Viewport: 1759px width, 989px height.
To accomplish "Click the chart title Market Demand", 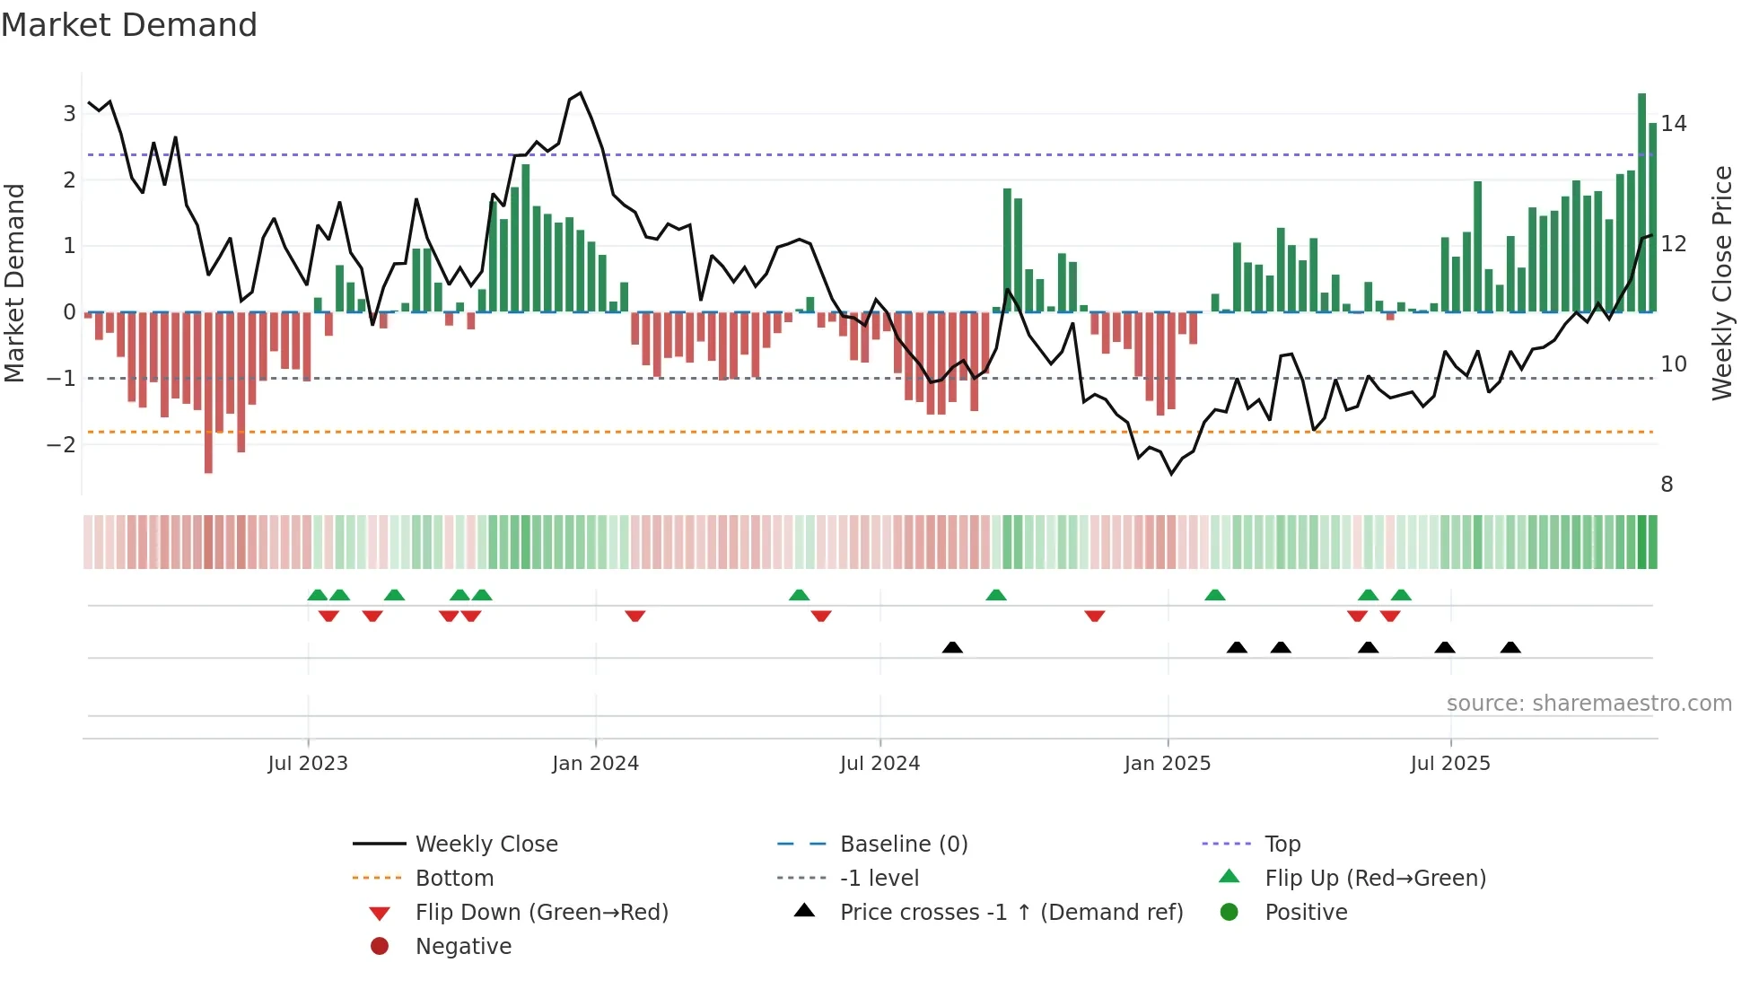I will pyautogui.click(x=129, y=25).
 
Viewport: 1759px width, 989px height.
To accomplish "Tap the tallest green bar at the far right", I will pyautogui.click(x=1641, y=202).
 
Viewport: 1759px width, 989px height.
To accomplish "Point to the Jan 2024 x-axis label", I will pyautogui.click(x=595, y=764).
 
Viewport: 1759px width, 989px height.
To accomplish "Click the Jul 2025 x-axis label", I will pyautogui.click(x=1449, y=764).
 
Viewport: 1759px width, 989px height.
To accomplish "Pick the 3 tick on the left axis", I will pyautogui.click(x=69, y=114).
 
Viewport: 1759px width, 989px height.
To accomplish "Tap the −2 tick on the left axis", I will pyautogui.click(x=62, y=444).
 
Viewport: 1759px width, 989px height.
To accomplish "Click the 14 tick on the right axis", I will pyautogui.click(x=1673, y=124).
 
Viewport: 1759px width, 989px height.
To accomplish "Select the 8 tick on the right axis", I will pyautogui.click(x=1667, y=485).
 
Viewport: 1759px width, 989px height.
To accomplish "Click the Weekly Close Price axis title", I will pyautogui.click(x=1721, y=283).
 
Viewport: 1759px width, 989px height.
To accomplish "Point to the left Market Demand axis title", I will pyautogui.click(x=14, y=283).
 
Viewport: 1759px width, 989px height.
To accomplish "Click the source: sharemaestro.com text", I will pyautogui.click(x=1588, y=704).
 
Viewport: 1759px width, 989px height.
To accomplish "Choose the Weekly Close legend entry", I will pyautogui.click(x=486, y=845).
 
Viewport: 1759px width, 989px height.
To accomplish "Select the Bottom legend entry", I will pyautogui.click(x=454, y=879).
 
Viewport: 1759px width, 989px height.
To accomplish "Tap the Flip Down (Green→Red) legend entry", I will pyautogui.click(x=541, y=913).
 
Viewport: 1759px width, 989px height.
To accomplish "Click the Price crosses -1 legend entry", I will pyautogui.click(x=1011, y=913).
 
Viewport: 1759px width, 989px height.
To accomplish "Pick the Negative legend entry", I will pyautogui.click(x=463, y=947).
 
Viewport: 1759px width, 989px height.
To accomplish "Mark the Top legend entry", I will pyautogui.click(x=1282, y=845).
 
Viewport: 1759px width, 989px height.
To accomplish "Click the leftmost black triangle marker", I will pyautogui.click(x=952, y=647).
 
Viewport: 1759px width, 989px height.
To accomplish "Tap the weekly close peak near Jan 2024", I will pyautogui.click(x=581, y=93).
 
